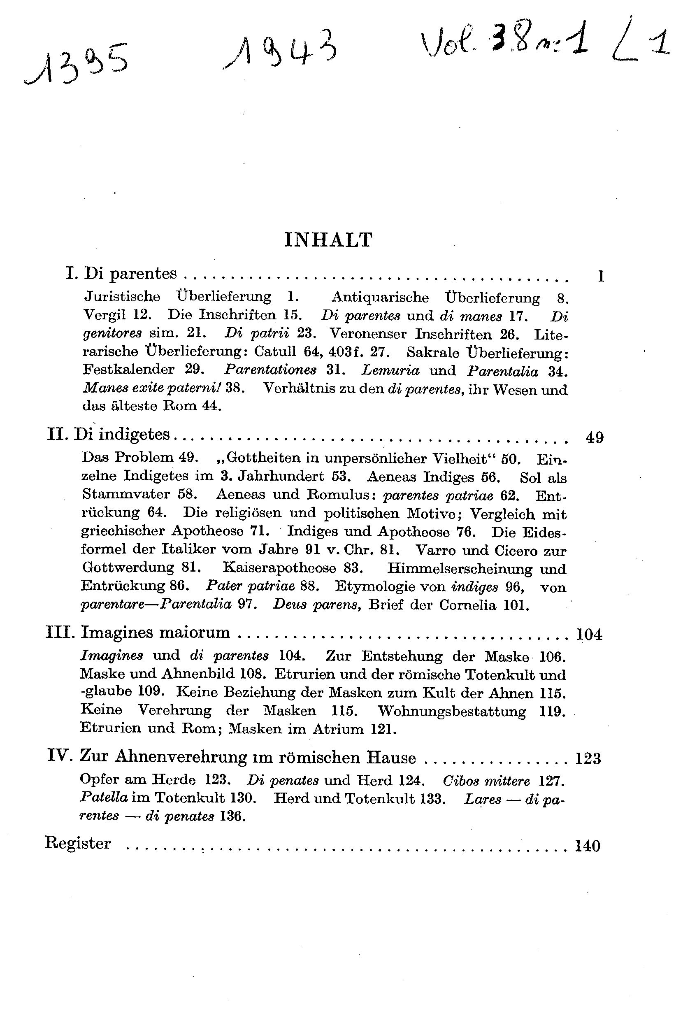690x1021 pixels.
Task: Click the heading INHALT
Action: [x=328, y=240]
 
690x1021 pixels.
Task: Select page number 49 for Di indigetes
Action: [x=595, y=437]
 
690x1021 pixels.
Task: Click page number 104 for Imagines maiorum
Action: [x=590, y=635]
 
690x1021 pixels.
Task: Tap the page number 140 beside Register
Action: [x=588, y=846]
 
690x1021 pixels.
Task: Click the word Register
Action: [x=78, y=843]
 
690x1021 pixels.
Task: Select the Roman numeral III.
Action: [x=60, y=633]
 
